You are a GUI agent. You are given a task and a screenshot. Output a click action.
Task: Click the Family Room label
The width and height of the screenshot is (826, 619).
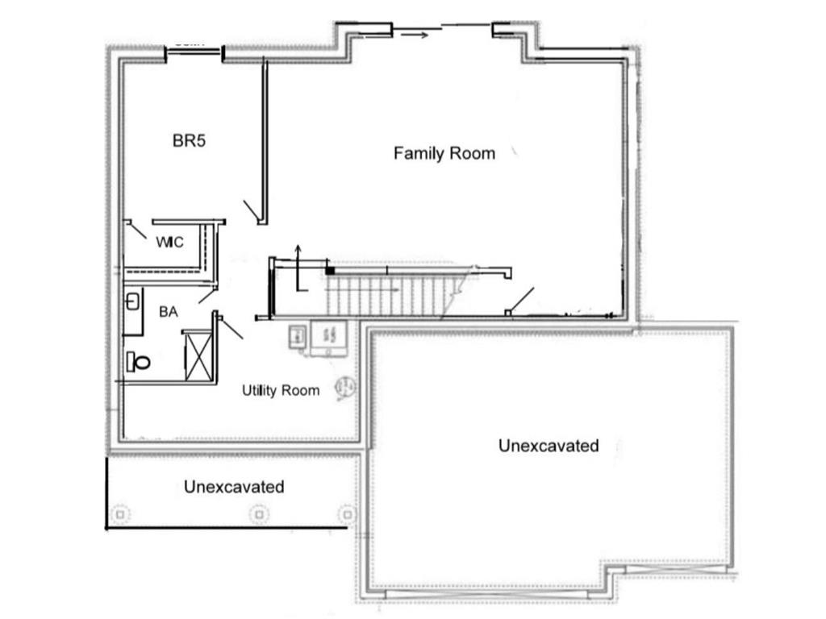pyautogui.click(x=444, y=153)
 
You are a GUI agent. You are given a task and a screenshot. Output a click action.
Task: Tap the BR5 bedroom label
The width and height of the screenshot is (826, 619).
pyautogui.click(x=190, y=141)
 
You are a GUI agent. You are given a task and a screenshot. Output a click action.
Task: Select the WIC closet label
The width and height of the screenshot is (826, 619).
pyautogui.click(x=169, y=242)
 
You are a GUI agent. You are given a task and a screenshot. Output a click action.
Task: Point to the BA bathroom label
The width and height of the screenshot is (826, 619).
pyautogui.click(x=168, y=312)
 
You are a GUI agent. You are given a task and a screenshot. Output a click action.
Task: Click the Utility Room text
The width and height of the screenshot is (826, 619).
pyautogui.click(x=281, y=391)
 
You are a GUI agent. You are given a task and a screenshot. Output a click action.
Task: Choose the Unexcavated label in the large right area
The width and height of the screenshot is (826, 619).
pyautogui.click(x=549, y=446)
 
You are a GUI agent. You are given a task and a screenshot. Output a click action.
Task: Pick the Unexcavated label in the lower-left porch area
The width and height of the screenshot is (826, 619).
pyautogui.click(x=234, y=487)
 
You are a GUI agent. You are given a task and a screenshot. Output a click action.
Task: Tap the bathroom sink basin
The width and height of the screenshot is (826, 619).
pyautogui.click(x=132, y=303)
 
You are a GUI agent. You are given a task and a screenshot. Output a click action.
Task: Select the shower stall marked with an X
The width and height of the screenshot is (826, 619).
pyautogui.click(x=198, y=355)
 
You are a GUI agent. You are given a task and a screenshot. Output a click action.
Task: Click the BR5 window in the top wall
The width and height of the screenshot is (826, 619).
pyautogui.click(x=194, y=53)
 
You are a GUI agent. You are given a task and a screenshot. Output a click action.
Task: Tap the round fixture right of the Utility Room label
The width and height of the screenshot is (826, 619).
pyautogui.click(x=345, y=388)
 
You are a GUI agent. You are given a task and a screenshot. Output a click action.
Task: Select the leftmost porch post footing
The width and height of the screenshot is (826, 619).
pyautogui.click(x=120, y=513)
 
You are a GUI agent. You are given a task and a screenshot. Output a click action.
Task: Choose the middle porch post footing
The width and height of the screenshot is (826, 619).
pyautogui.click(x=259, y=513)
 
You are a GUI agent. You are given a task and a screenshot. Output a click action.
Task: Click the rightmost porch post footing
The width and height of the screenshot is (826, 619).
pyautogui.click(x=347, y=513)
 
